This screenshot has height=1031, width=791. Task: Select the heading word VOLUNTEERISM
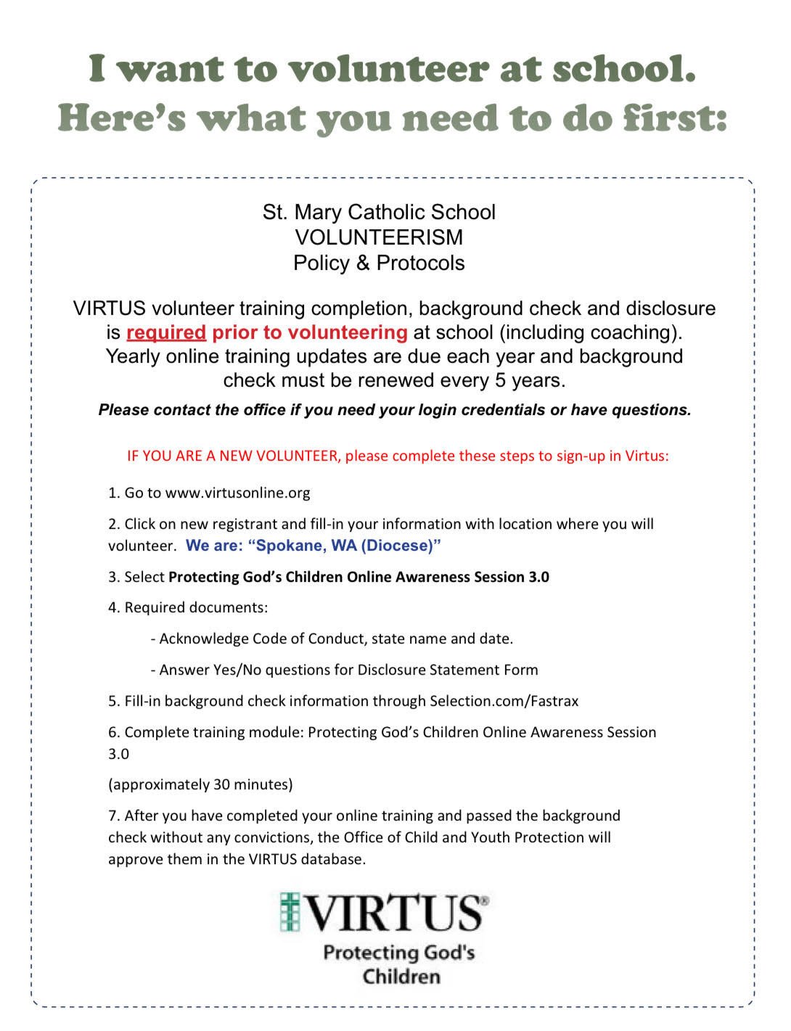[379, 237]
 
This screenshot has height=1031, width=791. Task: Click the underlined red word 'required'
[166, 332]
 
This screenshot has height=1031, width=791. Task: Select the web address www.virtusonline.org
[238, 493]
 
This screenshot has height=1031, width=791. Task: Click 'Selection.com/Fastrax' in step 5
[504, 701]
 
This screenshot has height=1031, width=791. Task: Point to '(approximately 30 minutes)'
[200, 784]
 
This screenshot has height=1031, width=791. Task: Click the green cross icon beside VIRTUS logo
[290, 913]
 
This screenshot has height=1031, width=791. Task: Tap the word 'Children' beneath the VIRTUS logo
[401, 976]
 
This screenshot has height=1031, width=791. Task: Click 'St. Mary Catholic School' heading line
[379, 212]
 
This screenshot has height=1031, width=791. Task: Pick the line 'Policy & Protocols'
[379, 263]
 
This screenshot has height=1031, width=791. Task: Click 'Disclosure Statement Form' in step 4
[448, 670]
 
